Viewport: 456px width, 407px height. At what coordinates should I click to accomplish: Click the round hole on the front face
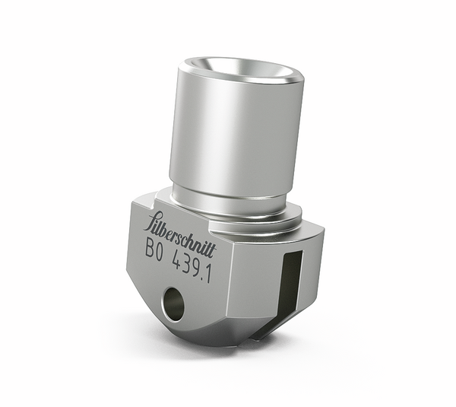pyautogui.click(x=173, y=304)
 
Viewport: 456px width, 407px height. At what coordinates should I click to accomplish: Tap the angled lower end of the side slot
pyautogui.click(x=266, y=327)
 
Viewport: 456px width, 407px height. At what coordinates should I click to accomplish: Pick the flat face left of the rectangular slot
pyautogui.click(x=255, y=289)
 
